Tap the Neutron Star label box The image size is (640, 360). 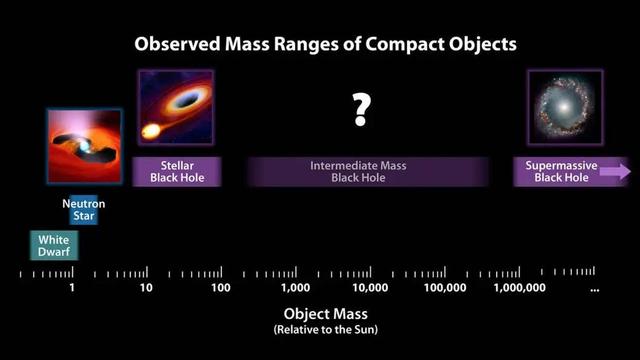pos(83,210)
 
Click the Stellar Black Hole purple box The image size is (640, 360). pos(176,171)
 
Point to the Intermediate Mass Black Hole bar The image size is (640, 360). pos(367,171)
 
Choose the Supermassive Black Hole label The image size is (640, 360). pos(561,171)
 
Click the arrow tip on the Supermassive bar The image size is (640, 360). pos(624,171)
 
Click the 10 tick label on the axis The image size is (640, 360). pos(146,288)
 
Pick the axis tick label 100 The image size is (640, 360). pos(221,288)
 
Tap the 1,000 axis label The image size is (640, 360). pos(296,288)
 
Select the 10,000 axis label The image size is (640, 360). pos(370,288)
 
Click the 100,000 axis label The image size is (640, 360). pos(445,288)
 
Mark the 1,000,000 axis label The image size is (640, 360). pos(520,288)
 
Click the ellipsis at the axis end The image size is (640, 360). pos(595,289)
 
